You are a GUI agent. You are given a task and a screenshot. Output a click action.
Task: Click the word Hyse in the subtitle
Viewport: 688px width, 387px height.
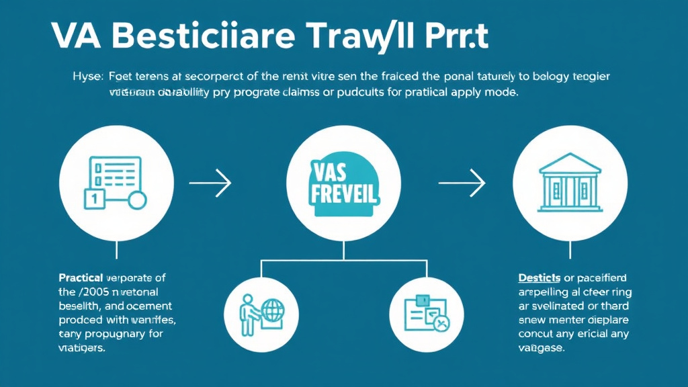(85, 77)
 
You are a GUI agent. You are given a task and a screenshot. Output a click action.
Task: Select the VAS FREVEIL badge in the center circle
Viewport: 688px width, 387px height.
(343, 182)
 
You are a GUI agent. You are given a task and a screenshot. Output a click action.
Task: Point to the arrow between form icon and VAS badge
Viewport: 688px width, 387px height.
(210, 181)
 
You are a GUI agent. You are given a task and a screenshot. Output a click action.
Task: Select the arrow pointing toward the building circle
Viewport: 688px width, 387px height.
(462, 181)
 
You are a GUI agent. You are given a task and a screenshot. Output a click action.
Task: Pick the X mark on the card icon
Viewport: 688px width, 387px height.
(440, 324)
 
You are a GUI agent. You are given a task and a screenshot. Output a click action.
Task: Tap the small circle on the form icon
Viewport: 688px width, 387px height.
(137, 200)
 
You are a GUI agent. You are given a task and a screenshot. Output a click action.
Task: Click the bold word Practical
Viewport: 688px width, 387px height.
(80, 277)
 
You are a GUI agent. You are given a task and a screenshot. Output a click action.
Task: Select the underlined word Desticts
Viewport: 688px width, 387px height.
(540, 277)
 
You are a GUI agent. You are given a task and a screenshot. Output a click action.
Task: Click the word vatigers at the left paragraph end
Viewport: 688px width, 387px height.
(81, 349)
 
